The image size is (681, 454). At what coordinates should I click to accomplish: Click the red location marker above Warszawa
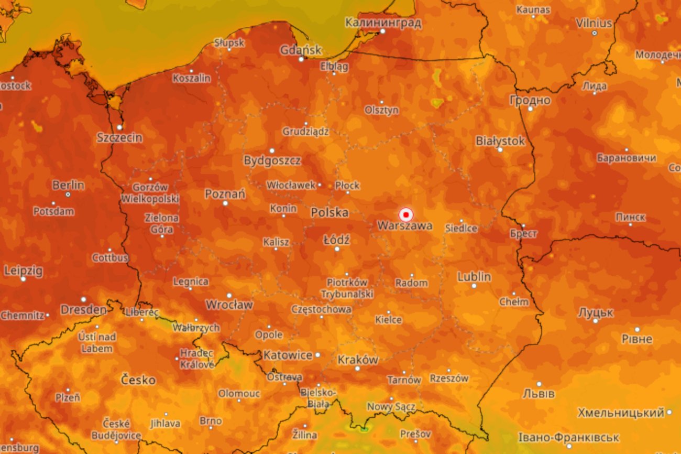pos(405,215)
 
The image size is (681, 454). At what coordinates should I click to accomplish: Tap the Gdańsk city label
pos(301,50)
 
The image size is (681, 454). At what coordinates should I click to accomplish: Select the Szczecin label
pos(119,138)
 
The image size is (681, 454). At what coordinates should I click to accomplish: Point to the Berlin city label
pos(68,185)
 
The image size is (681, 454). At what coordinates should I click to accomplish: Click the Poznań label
pos(225,194)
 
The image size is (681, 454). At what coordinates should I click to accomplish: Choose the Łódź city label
pos(336,240)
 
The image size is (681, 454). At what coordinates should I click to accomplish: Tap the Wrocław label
pos(229,305)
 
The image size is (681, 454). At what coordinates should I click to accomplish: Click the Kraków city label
pos(358,360)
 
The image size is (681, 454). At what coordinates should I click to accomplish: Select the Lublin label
pos(474,277)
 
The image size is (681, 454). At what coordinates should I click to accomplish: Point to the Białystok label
pos(500,141)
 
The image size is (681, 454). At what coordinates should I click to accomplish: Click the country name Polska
pos(329,212)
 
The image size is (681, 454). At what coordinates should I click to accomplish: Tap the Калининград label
pos(383,23)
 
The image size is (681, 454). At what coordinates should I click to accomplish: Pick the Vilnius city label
pos(594,24)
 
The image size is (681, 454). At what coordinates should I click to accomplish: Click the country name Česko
pos(138,380)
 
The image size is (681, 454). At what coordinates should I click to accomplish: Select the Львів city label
pos(539,393)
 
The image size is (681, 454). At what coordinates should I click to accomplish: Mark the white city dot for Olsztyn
pos(381,102)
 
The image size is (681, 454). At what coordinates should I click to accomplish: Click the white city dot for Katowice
pos(317,355)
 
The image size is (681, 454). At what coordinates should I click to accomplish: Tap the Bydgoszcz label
pos(272,160)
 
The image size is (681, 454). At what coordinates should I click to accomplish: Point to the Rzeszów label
pos(449,378)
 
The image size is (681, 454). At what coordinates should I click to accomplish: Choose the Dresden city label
pos(84,310)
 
